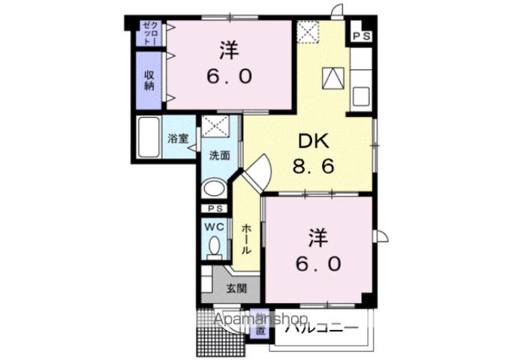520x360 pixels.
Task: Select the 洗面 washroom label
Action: [219, 156]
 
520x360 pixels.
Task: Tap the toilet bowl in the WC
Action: [215, 245]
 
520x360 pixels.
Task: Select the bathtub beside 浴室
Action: [149, 138]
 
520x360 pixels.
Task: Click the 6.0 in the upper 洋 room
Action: [229, 76]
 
